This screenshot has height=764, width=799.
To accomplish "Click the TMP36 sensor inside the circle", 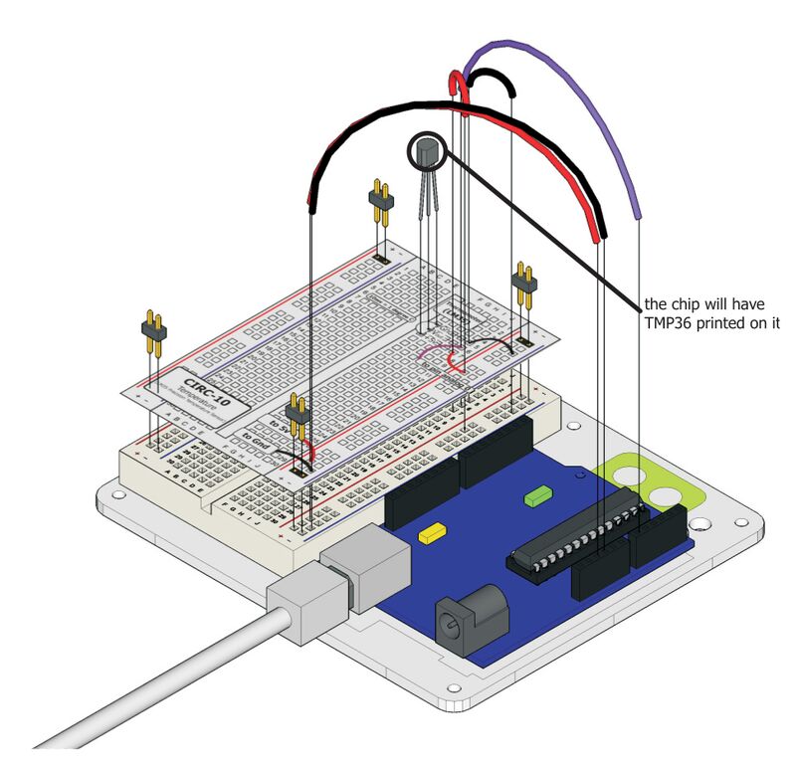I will point(428,155).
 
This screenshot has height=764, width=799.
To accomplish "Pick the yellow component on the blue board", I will point(433,534).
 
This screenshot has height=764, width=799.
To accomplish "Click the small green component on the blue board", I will point(538,493).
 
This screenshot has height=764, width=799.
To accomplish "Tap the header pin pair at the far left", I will point(153,334).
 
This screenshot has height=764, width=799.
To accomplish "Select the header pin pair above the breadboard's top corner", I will point(379,204).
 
